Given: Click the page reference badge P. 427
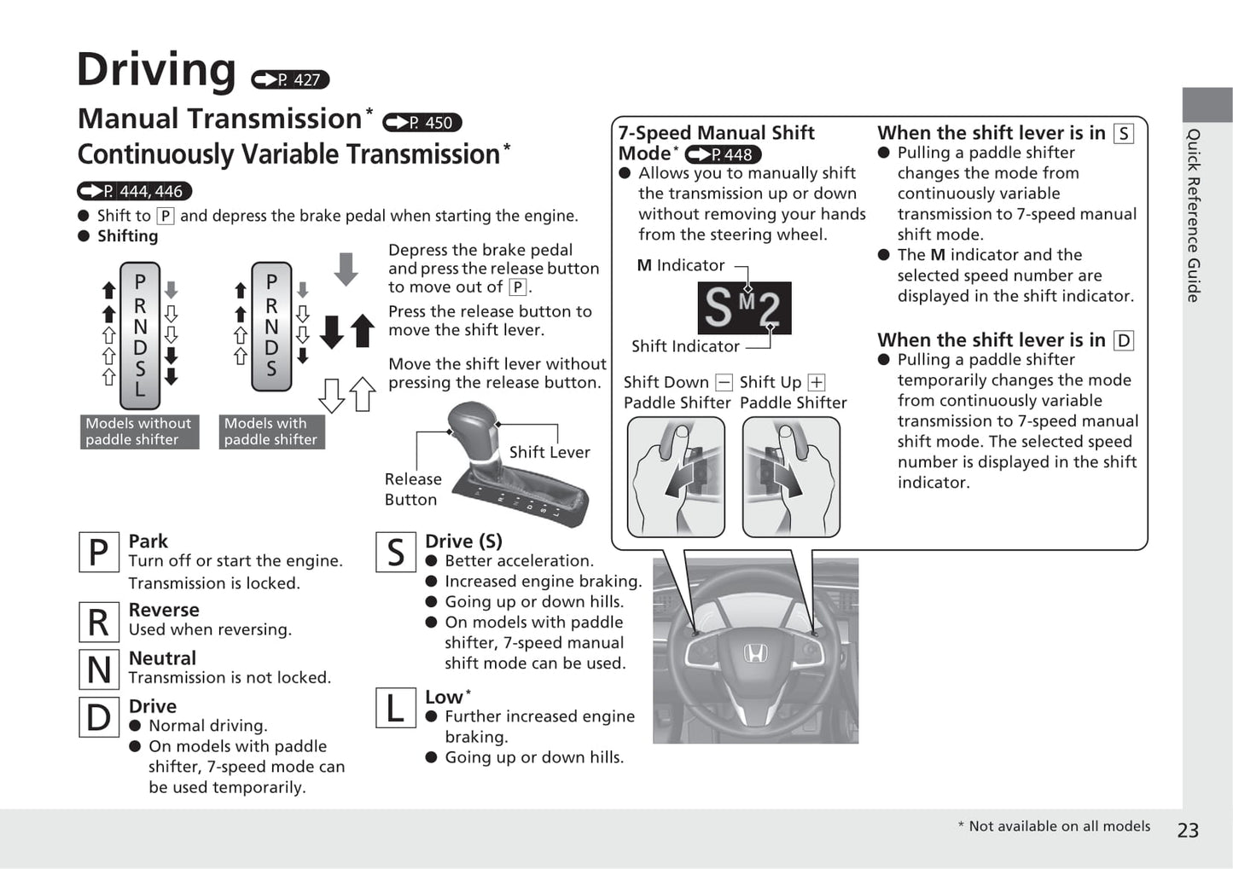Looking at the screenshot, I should (290, 79).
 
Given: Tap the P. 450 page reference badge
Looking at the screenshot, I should (422, 123).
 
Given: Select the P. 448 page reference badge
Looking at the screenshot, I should (723, 154).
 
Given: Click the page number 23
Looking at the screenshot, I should (1188, 830).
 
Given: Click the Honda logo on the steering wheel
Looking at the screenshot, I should (755, 654).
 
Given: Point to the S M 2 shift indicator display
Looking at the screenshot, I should (744, 308).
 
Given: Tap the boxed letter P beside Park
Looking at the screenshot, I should (98, 552).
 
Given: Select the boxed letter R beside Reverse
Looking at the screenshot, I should (98, 622).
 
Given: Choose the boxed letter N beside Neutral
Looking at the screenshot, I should (98, 669).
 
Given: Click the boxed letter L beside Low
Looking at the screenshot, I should (395, 708).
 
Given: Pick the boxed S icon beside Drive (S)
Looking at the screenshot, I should (395, 552).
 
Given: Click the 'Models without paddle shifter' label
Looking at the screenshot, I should (139, 432).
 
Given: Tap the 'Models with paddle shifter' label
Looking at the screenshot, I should (270, 432).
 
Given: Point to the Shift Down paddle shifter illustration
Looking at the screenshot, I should (676, 477).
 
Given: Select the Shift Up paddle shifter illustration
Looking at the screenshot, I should (791, 477).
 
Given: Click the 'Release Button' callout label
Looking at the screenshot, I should (412, 490).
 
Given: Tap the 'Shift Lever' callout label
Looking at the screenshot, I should (550, 452).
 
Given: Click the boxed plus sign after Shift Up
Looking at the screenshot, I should (817, 382).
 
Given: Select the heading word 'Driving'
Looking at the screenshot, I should (156, 70).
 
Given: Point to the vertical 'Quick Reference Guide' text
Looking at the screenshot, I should (1194, 215).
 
